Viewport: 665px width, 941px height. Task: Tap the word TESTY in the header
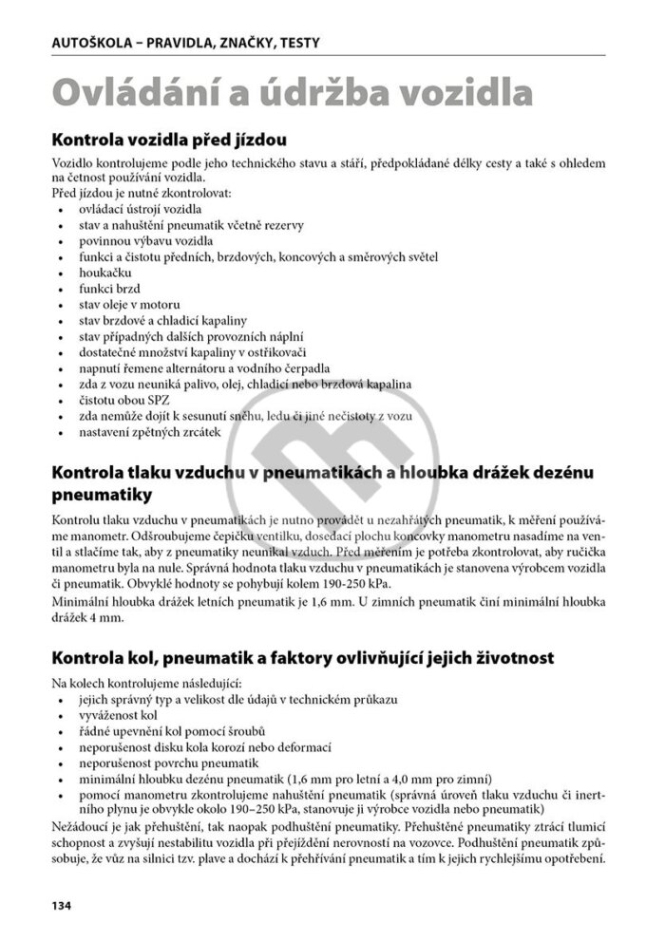[296, 42]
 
